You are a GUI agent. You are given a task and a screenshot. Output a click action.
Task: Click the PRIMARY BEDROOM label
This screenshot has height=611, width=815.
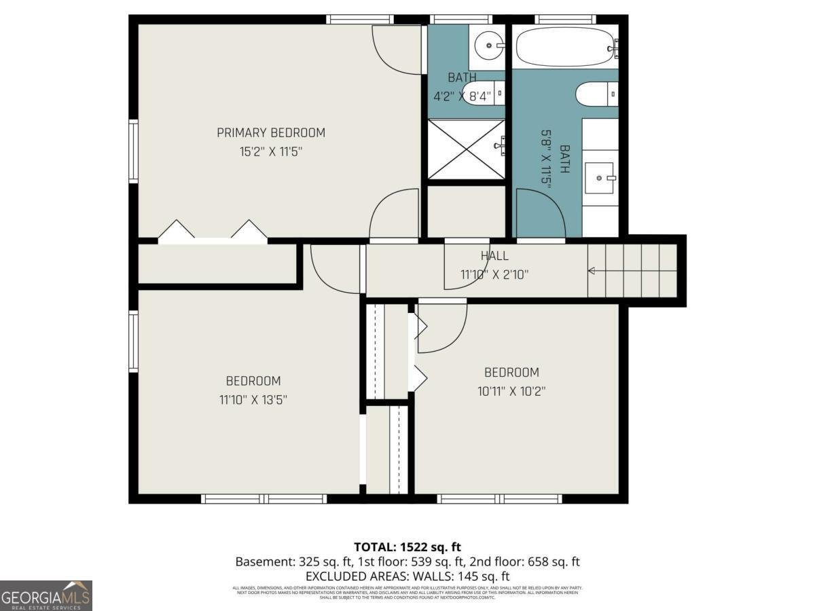(x=270, y=132)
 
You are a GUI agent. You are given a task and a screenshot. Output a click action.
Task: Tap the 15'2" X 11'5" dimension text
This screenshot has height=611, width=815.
(x=270, y=151)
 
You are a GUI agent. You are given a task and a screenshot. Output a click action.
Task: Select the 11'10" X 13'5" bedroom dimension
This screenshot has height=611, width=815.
(x=253, y=400)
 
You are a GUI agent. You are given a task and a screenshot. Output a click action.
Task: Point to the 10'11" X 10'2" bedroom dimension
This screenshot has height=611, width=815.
(x=511, y=391)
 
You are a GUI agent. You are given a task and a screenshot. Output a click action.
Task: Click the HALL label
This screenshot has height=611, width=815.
(x=494, y=256)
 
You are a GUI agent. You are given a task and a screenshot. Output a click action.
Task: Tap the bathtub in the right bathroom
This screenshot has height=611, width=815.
(x=565, y=45)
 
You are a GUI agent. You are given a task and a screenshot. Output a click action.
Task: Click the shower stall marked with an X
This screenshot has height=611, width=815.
(x=466, y=149)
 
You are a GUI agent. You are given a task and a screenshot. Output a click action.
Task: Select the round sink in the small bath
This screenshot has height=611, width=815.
(x=487, y=46)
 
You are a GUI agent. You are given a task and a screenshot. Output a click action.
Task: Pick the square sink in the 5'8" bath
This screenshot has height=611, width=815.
(x=600, y=178)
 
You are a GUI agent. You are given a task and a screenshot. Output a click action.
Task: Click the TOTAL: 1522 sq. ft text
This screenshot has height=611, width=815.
(x=407, y=547)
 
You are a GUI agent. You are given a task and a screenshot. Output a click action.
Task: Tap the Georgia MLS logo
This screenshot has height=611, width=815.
(x=46, y=595)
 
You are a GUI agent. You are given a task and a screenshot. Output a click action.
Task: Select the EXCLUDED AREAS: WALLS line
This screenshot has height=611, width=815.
(x=407, y=576)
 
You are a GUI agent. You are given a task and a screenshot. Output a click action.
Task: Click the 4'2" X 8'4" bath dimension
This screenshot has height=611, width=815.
(x=462, y=96)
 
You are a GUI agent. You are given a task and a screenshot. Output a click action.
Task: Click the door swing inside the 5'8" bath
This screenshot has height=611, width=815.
(x=540, y=213)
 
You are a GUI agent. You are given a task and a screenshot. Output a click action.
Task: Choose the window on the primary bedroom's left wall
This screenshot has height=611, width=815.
(x=133, y=151)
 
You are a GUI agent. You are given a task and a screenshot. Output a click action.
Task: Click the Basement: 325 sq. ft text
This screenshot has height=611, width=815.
(x=293, y=561)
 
